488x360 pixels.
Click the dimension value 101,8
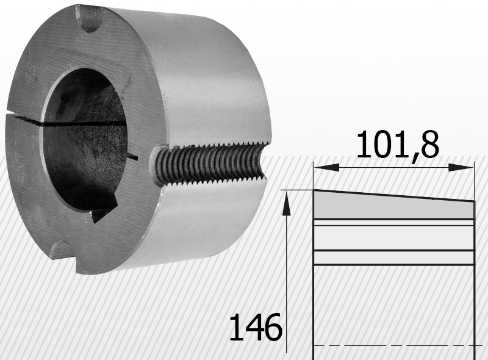pyautogui.click(x=398, y=145)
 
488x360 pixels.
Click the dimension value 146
pyautogui.click(x=256, y=327)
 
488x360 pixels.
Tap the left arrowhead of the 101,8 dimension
pyautogui.click(x=327, y=168)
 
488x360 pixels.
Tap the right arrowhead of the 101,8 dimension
pyautogui.click(x=461, y=168)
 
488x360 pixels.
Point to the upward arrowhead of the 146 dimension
pyautogui.click(x=286, y=204)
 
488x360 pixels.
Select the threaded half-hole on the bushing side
pyautogui.click(x=209, y=164)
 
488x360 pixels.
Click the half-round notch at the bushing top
pyautogui.click(x=91, y=19)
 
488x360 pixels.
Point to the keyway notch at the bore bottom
pyautogui.click(x=102, y=212)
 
